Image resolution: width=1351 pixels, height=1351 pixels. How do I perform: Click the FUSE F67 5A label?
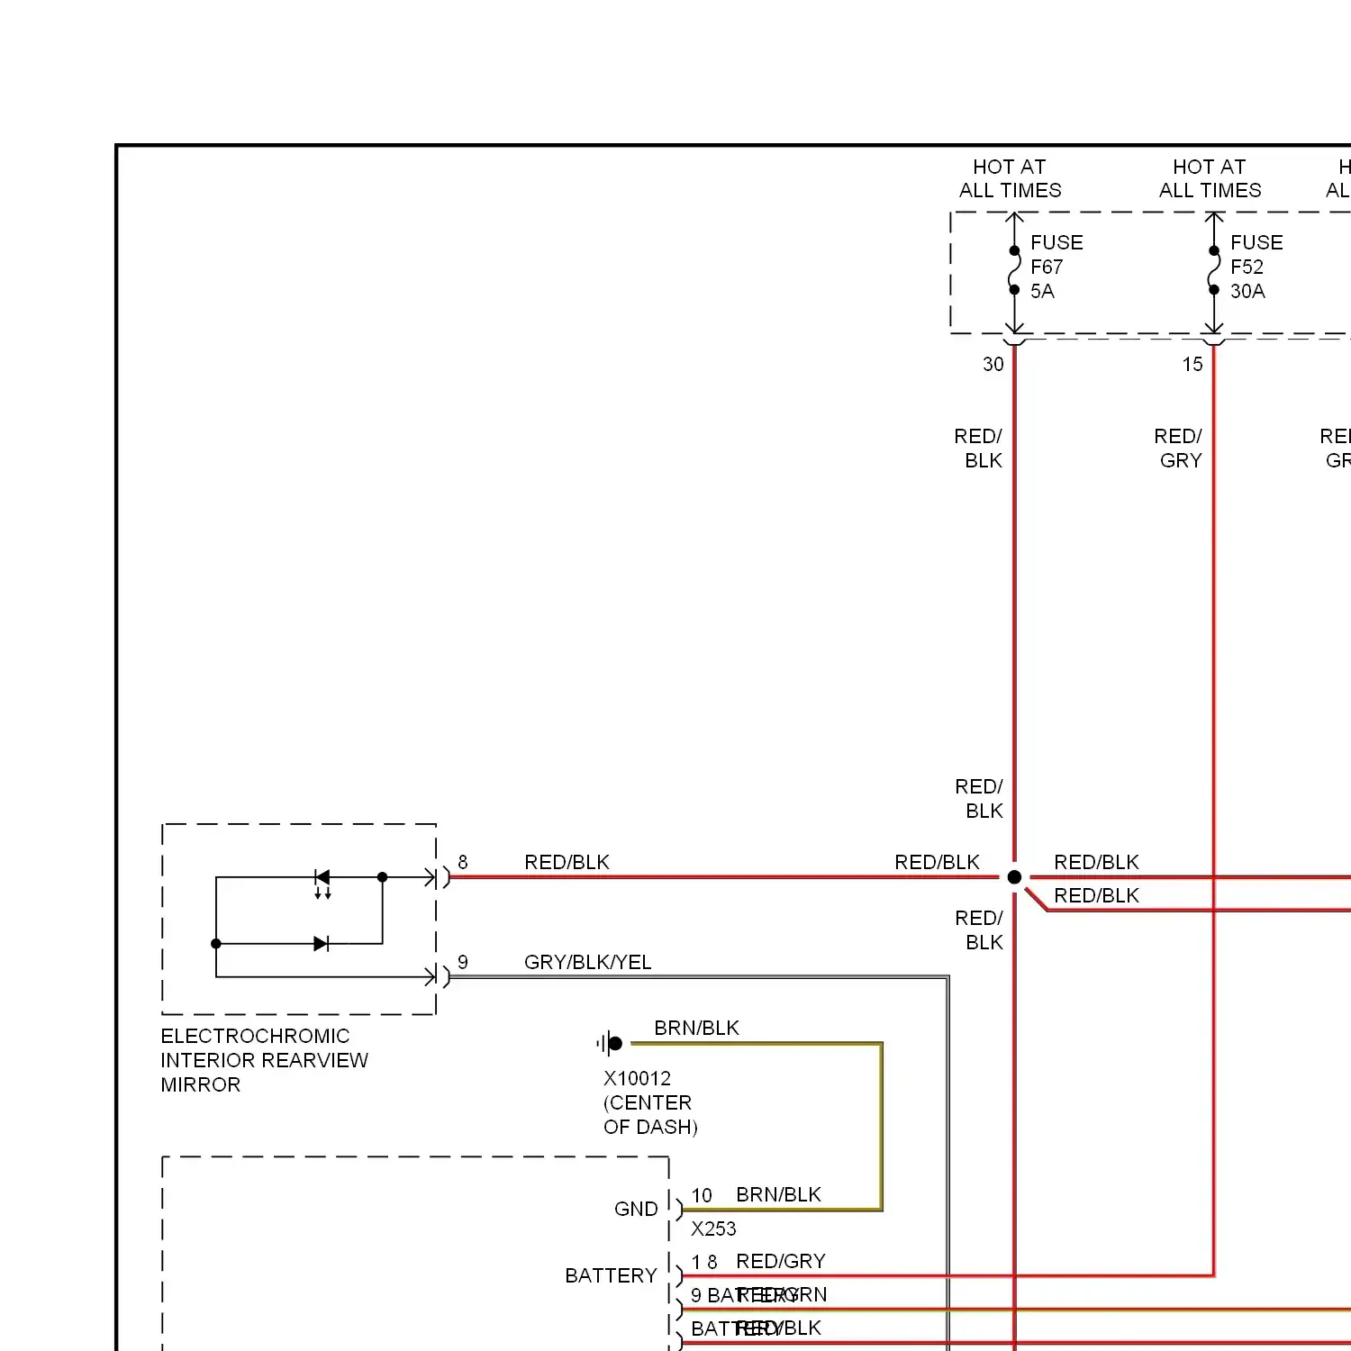pyautogui.click(x=1056, y=267)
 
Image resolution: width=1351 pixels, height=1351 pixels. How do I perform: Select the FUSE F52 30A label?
pyautogui.click(x=1256, y=267)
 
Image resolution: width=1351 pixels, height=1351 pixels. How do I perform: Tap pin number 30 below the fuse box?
pyautogui.click(x=993, y=364)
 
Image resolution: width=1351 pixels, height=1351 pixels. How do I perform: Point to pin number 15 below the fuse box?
pyautogui.click(x=1192, y=364)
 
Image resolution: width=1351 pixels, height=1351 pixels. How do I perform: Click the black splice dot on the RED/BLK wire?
pyautogui.click(x=1014, y=877)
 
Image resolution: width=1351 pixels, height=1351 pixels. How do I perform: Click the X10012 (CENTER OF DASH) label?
pyautogui.click(x=649, y=1102)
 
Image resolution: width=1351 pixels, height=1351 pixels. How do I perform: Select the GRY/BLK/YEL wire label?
pyautogui.click(x=587, y=962)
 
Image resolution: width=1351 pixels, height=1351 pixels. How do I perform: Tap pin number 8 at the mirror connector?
pyautogui.click(x=463, y=862)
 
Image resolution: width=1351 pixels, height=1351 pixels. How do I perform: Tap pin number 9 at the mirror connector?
pyautogui.click(x=463, y=962)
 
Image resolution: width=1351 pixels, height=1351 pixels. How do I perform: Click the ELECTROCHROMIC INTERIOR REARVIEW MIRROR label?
pyautogui.click(x=264, y=1060)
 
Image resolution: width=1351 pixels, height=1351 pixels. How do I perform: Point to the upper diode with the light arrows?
pyautogui.click(x=322, y=878)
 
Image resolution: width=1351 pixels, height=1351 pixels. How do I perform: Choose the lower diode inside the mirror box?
pyautogui.click(x=321, y=944)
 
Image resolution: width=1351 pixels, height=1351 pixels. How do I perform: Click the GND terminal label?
pyautogui.click(x=636, y=1209)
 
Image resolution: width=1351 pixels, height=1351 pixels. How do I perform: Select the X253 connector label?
pyautogui.click(x=713, y=1229)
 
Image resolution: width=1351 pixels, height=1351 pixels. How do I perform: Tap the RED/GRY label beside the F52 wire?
pyautogui.click(x=1179, y=448)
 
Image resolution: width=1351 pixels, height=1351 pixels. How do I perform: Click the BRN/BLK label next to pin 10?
pyautogui.click(x=778, y=1194)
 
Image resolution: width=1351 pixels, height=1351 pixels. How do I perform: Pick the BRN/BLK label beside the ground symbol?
pyautogui.click(x=696, y=1028)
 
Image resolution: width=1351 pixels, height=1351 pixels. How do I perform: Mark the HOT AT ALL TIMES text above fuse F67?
pyautogui.click(x=1010, y=178)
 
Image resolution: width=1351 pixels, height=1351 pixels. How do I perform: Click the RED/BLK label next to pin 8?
pyautogui.click(x=567, y=862)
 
